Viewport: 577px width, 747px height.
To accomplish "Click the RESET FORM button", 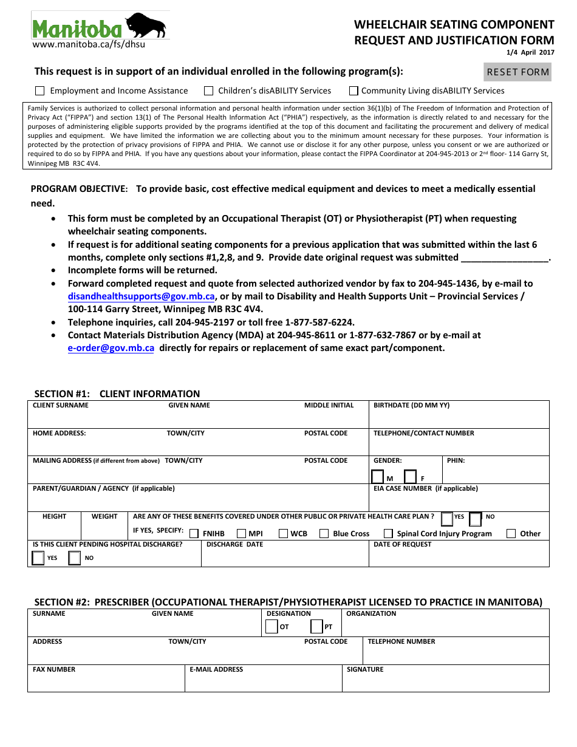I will tap(517, 72).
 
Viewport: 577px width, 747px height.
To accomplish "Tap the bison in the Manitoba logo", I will tap(146, 26).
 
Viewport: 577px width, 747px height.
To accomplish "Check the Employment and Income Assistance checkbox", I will tap(40, 91).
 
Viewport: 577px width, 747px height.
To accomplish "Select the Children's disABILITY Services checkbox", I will tap(208, 91).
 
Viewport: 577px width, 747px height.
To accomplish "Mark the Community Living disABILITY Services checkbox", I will tap(353, 91).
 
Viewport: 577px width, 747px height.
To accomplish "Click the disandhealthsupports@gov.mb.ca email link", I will tap(142, 296).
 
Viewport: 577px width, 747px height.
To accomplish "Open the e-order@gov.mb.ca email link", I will tap(111, 348).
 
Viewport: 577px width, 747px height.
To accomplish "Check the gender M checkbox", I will tap(378, 477).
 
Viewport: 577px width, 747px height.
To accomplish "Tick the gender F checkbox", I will tap(411, 477).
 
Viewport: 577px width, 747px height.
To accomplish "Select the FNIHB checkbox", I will tap(194, 534).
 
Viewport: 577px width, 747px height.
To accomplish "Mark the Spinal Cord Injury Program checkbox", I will tap(389, 534).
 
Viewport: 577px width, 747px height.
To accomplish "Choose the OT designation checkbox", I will tap(271, 627).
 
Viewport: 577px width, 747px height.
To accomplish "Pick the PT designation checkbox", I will tap(316, 627).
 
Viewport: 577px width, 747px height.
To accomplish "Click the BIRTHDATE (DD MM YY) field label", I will tap(411, 406).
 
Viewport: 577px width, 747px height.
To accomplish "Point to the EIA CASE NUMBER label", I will tap(425, 489).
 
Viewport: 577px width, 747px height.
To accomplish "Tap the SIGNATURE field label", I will tap(365, 670).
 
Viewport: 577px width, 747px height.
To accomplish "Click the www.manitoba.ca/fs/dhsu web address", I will tap(89, 44).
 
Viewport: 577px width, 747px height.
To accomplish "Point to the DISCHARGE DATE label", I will tap(234, 545).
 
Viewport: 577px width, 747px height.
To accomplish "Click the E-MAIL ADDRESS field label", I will tap(216, 670).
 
